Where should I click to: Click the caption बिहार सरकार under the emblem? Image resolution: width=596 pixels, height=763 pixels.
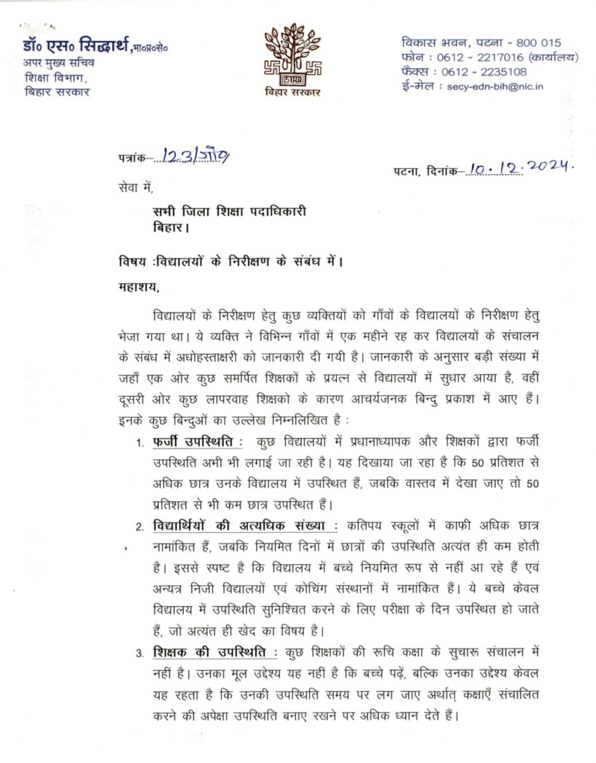[292, 93]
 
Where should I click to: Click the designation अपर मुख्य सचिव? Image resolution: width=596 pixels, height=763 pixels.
[59, 63]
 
